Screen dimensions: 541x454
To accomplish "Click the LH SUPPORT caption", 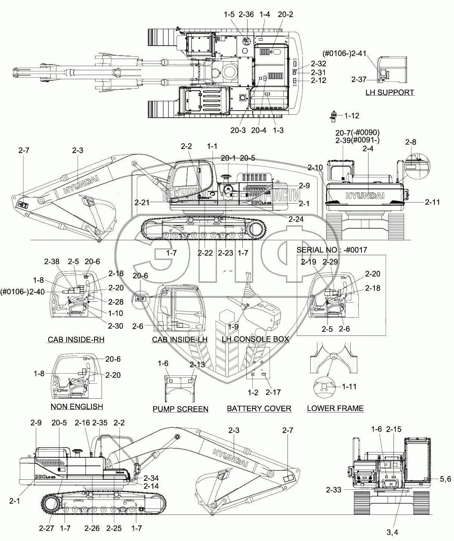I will (x=390, y=92).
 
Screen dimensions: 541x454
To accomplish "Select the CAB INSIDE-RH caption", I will (x=76, y=340).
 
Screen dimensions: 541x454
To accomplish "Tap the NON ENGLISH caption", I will (x=77, y=406).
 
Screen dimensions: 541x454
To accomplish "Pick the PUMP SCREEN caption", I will (x=180, y=409).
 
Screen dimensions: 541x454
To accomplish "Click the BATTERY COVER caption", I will (x=259, y=408).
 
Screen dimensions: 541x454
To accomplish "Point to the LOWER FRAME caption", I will (x=335, y=408).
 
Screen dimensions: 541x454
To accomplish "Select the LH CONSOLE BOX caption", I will (x=255, y=339).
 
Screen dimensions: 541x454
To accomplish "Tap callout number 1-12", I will (x=351, y=116).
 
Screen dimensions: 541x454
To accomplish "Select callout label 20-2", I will (x=286, y=15).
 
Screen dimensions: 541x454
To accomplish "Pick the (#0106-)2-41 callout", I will (x=345, y=53).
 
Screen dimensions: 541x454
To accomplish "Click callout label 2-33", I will (x=333, y=490).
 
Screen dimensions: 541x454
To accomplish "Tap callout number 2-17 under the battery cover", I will (x=273, y=392).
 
